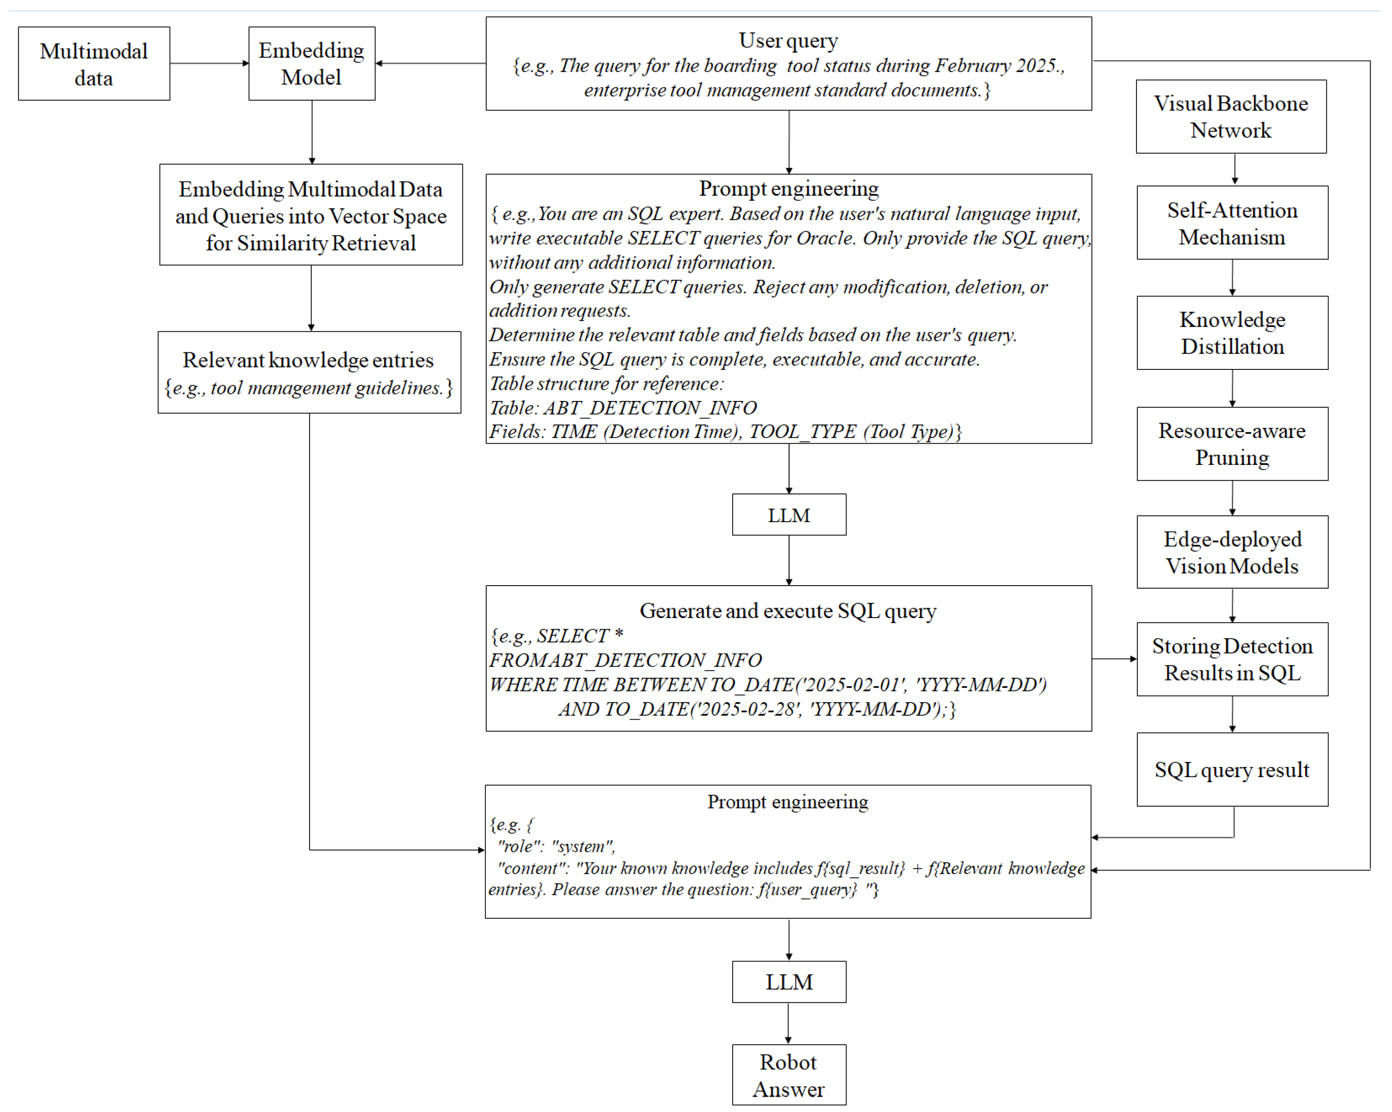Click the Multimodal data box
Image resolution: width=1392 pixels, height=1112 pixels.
click(x=94, y=64)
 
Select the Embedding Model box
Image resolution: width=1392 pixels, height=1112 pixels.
click(x=312, y=64)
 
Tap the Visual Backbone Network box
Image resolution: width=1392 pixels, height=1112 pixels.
click(x=1231, y=117)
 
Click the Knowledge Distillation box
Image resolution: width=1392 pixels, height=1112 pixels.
click(x=1232, y=333)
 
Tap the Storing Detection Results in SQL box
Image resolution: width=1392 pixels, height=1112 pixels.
click(x=1232, y=659)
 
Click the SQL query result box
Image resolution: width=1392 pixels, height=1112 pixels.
click(x=1232, y=770)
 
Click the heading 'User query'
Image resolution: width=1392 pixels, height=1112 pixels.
click(x=788, y=41)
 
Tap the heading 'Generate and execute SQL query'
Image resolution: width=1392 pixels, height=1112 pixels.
click(x=788, y=611)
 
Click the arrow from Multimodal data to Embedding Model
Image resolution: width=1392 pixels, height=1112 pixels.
click(x=209, y=63)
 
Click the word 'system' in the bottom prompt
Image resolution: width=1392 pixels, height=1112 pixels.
click(x=583, y=847)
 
